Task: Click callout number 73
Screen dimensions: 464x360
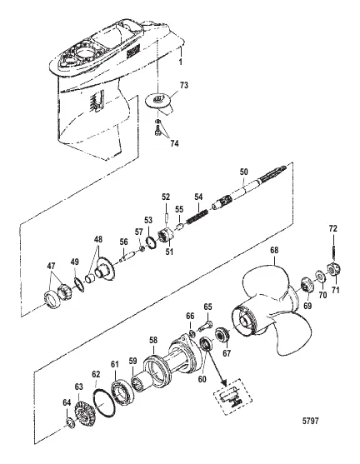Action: (185, 85)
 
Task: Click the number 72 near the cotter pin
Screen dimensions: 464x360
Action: (332, 227)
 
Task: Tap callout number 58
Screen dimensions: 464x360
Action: (152, 341)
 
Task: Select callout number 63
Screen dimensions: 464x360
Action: (80, 386)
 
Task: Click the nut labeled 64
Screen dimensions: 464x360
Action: (71, 427)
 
